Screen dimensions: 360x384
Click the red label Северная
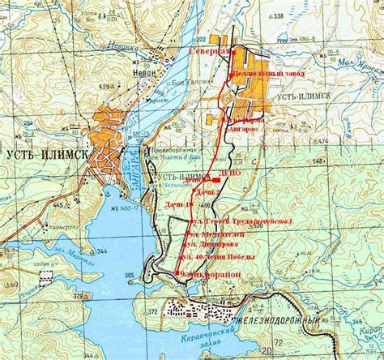coord(205,51)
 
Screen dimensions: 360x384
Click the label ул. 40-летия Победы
coord(221,256)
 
